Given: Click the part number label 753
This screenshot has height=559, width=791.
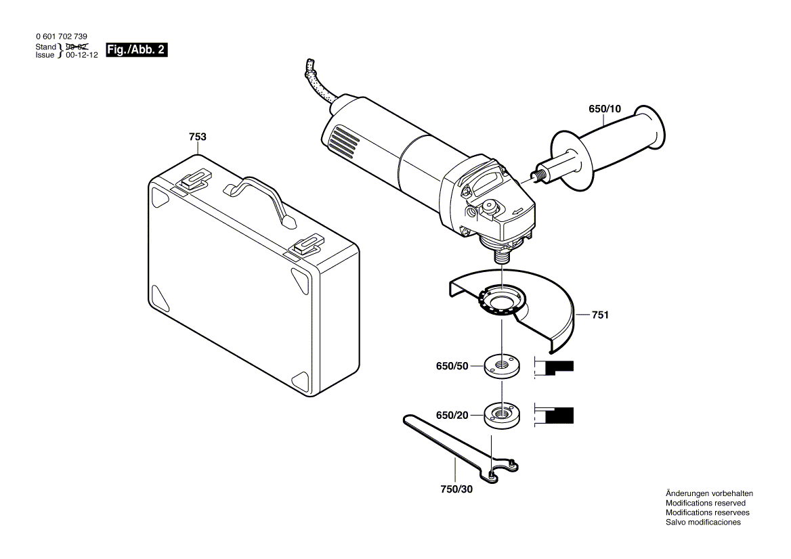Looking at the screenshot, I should (197, 137).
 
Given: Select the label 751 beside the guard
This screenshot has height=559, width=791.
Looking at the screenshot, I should (600, 315).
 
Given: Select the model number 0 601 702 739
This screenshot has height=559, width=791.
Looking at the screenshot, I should (61, 37).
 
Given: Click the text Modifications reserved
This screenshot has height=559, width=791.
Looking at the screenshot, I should (705, 504).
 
